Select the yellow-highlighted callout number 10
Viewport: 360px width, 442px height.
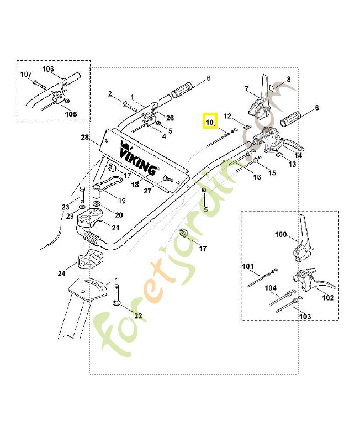tap(210, 121)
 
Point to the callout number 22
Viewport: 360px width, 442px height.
tap(138, 316)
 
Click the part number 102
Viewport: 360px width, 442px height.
tap(328, 297)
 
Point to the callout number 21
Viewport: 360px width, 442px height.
tap(115, 228)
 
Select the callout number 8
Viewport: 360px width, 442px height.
tap(288, 80)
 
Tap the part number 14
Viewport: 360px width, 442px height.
tap(299, 156)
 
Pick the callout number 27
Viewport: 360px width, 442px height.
tap(147, 191)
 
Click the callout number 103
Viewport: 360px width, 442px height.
tap(304, 317)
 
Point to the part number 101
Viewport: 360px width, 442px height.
tap(247, 266)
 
